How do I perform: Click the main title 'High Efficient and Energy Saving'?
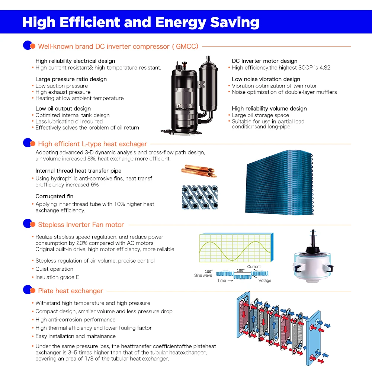141,22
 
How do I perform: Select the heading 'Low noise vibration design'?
266,79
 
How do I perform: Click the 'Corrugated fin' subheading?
54,196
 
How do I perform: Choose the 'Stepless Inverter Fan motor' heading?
81,225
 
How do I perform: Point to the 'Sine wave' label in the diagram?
203,275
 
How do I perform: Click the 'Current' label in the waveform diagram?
254,267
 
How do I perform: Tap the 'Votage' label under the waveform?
265,280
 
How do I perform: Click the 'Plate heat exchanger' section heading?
70,291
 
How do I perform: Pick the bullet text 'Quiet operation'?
54,269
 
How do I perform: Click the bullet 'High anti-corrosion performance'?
76,320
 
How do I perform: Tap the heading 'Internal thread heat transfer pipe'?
78,171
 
